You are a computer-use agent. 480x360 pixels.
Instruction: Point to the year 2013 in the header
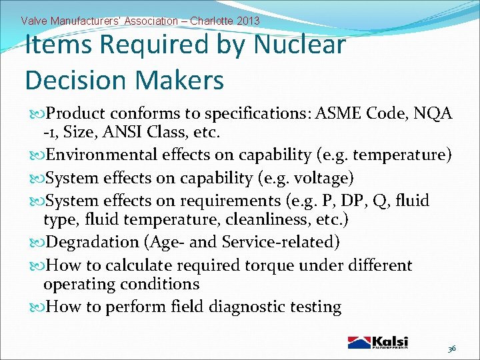[247, 21]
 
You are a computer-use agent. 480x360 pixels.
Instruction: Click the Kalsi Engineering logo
[377, 342]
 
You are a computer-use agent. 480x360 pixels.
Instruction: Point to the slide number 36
[451, 348]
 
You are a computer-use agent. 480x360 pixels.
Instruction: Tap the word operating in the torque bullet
[75, 284]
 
